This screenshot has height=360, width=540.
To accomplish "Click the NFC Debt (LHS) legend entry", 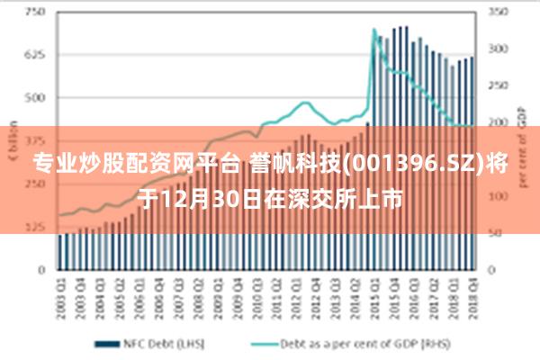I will point(148,343).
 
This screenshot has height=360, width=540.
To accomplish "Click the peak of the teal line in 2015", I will point(374,30).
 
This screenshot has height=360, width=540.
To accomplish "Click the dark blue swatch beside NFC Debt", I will point(109,343).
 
